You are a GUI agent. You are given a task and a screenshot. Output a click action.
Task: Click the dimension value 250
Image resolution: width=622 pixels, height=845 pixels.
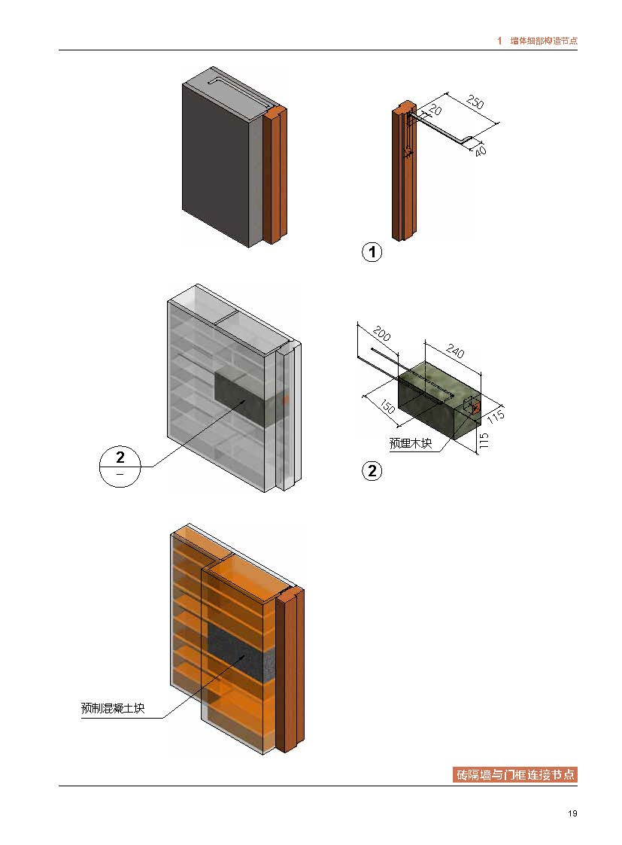tap(475, 102)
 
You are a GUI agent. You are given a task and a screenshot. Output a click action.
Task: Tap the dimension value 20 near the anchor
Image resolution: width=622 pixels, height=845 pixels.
tap(435, 110)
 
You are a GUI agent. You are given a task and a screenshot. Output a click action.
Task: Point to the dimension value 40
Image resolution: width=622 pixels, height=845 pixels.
tap(480, 150)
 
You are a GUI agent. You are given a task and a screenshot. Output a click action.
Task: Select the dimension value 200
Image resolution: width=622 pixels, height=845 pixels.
tap(381, 333)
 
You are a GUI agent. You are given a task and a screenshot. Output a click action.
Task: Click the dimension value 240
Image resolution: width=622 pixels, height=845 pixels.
tap(454, 351)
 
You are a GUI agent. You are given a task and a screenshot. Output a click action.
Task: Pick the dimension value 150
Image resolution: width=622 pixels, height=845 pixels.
tap(387, 406)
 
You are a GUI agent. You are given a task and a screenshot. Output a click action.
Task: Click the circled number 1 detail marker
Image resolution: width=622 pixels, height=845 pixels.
tap(372, 251)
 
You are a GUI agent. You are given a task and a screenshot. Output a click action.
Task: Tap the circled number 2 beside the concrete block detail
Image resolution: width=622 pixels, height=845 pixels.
tap(372, 471)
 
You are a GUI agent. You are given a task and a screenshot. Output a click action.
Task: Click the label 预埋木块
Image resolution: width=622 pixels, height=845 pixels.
tap(411, 443)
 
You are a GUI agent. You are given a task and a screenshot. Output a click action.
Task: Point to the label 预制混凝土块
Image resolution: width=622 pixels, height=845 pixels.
tap(113, 707)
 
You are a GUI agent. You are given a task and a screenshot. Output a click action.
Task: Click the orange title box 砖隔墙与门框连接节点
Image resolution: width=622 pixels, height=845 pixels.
tap(515, 774)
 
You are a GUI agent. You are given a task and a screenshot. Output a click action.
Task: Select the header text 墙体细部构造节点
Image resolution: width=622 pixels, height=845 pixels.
tap(543, 41)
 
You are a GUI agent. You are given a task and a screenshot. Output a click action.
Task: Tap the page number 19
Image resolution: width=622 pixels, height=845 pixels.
tap(572, 813)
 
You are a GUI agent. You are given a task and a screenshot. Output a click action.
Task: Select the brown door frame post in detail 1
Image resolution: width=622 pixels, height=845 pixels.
tap(404, 172)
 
